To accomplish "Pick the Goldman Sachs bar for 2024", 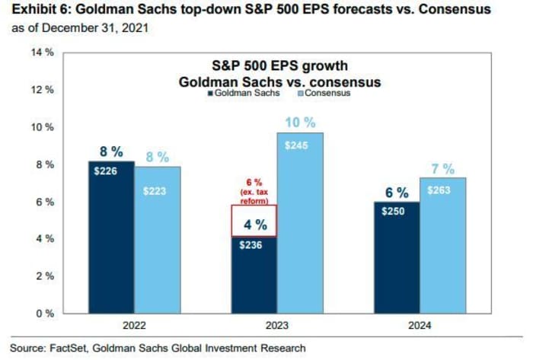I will coord(396,259).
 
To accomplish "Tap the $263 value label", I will coord(443,193).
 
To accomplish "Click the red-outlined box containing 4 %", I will coord(254,221).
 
